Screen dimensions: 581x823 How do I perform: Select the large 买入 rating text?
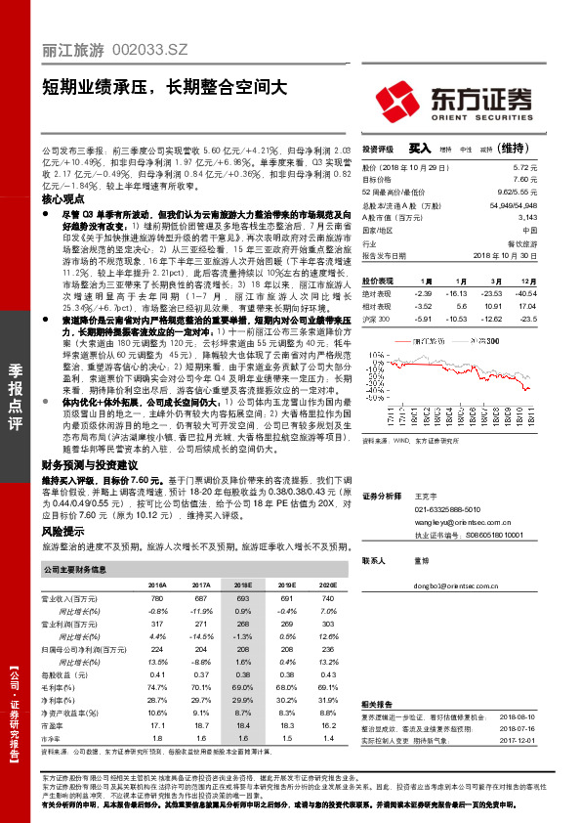click(x=420, y=149)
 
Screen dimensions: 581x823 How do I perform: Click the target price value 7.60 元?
click(x=525, y=180)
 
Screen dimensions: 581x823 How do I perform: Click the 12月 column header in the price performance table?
click(x=527, y=280)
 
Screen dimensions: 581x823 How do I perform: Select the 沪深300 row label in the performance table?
click(x=374, y=319)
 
